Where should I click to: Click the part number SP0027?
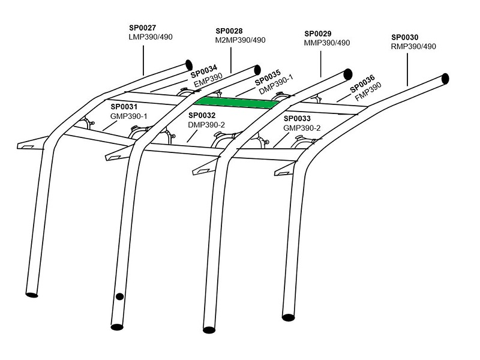pyautogui.click(x=143, y=27)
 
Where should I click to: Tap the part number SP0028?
pyautogui.click(x=228, y=31)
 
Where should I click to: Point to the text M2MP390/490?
pyautogui.click(x=240, y=40)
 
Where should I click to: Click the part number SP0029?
pyautogui.click(x=318, y=34)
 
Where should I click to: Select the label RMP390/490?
pyautogui.click(x=413, y=46)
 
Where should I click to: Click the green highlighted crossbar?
pyautogui.click(x=239, y=103)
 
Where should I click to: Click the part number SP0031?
pyautogui.click(x=124, y=106)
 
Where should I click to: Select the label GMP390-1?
pyautogui.click(x=129, y=115)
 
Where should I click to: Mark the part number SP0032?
pyautogui.click(x=202, y=115)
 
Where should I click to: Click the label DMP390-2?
pyautogui.click(x=207, y=124)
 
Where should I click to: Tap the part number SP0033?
pyautogui.click(x=297, y=119)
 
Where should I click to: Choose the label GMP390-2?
pyautogui.click(x=303, y=128)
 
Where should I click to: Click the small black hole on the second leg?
pyautogui.click(x=119, y=296)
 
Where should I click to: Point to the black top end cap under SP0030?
pyautogui.click(x=445, y=79)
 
